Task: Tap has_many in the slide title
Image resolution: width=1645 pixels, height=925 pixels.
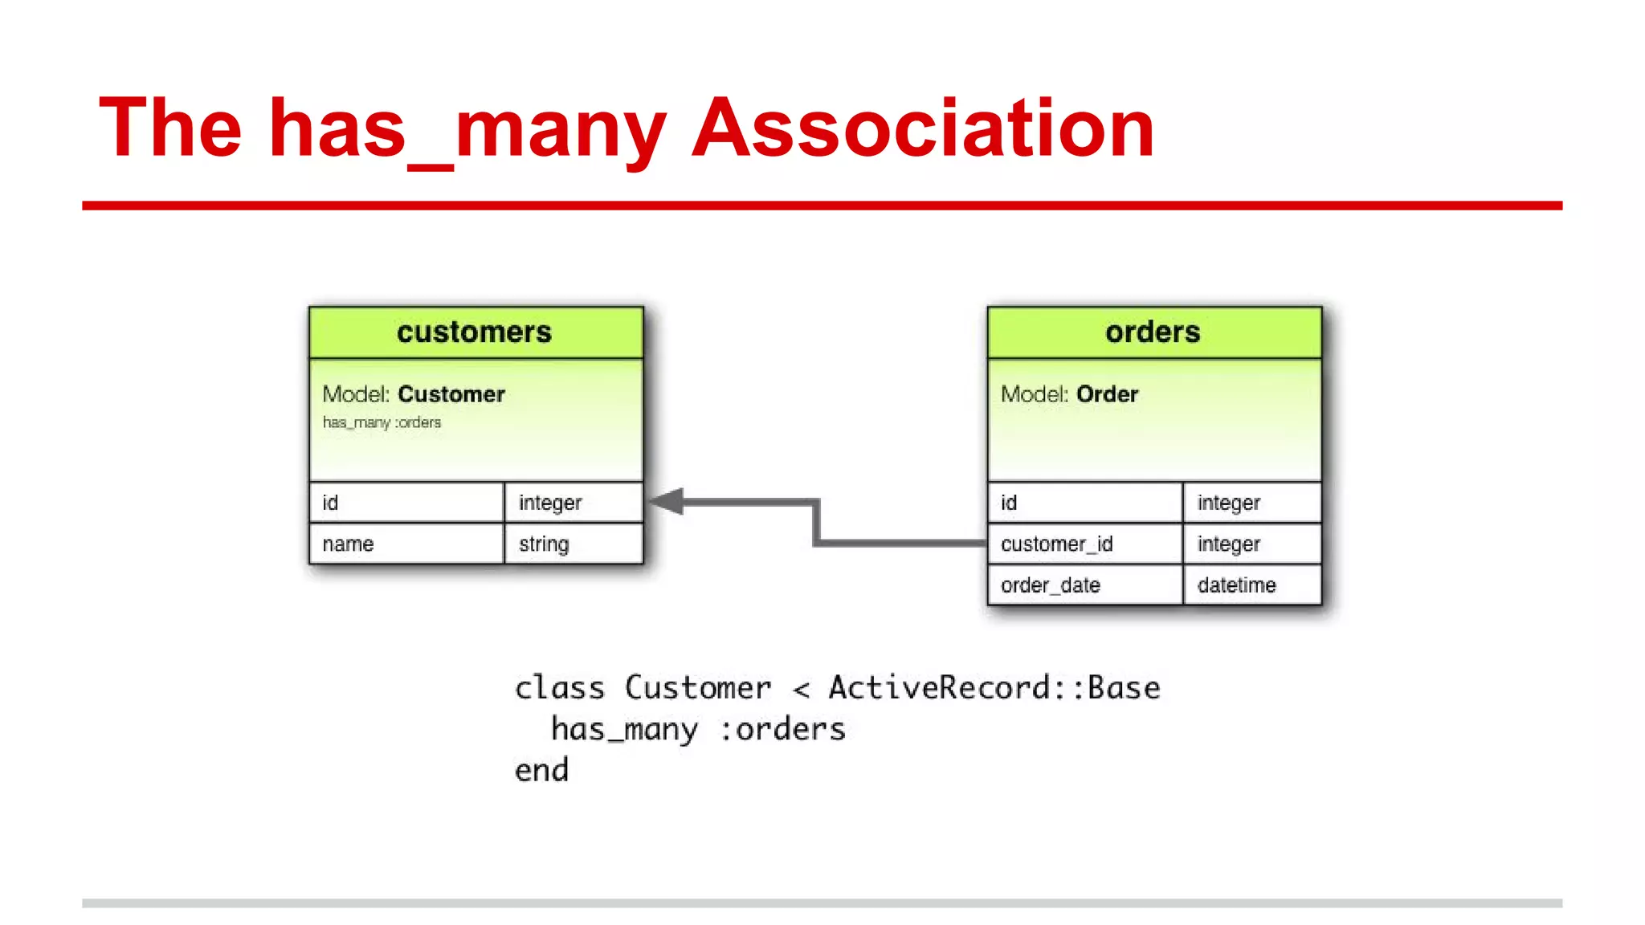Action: point(467,128)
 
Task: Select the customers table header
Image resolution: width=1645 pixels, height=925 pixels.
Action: point(475,332)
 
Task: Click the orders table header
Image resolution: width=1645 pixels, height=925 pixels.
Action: point(1153,332)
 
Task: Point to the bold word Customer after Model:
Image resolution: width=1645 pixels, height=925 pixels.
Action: point(451,394)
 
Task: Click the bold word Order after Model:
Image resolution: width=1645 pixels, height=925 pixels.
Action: point(1107,394)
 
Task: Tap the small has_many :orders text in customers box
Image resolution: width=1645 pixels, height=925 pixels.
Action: point(382,422)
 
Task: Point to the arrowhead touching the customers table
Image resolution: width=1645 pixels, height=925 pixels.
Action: point(667,502)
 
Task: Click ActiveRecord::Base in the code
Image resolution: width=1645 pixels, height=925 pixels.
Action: point(994,688)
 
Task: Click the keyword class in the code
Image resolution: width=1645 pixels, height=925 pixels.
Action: point(559,688)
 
